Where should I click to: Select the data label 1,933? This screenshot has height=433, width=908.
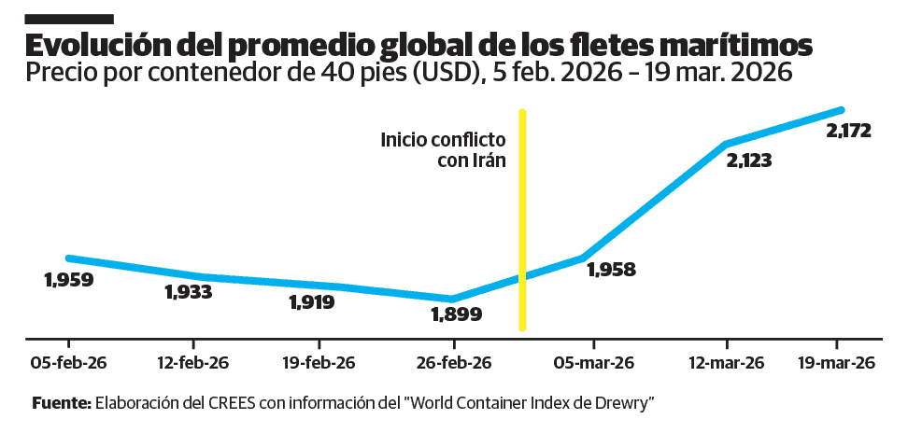pos(188,292)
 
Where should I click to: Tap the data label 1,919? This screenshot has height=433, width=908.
pos(311,301)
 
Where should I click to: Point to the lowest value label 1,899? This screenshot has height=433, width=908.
pos(456,314)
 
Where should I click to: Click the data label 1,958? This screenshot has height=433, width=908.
pos(611,270)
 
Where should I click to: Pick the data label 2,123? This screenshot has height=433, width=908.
pos(748,160)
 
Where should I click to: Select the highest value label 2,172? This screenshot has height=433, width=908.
pos(848,131)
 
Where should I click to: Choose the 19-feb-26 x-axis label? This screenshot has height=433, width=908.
pos(319,362)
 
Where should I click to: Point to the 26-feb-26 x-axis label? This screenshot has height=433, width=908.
pos(452,362)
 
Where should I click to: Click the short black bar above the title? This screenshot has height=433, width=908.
pos(69,18)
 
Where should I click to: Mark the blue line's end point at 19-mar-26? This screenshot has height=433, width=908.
pos(841,110)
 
